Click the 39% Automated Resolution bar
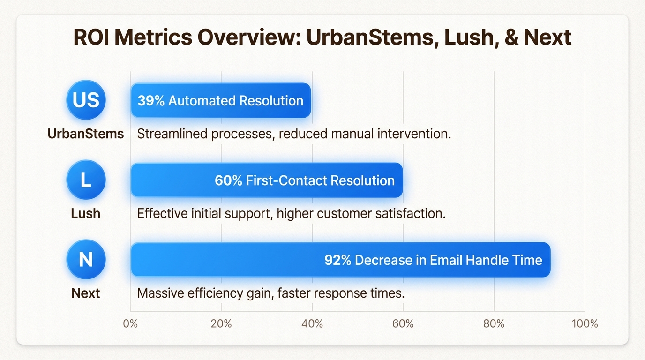[x=221, y=100]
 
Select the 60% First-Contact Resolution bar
[x=267, y=180]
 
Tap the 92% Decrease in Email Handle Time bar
[x=341, y=260]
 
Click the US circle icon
[x=86, y=100]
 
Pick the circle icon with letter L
[x=86, y=180]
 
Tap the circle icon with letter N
[x=86, y=260]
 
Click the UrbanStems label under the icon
[x=86, y=134]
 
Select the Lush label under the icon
[x=86, y=214]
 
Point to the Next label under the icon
[x=86, y=293]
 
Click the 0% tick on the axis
[x=130, y=324]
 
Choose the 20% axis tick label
[x=221, y=324]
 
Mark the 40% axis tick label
[x=312, y=324]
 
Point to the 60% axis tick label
[x=403, y=324]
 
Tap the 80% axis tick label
[x=494, y=324]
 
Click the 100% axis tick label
[x=585, y=324]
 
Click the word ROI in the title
[x=91, y=37]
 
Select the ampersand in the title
[x=512, y=37]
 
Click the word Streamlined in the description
[x=172, y=134]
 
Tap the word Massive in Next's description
[x=160, y=293]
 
